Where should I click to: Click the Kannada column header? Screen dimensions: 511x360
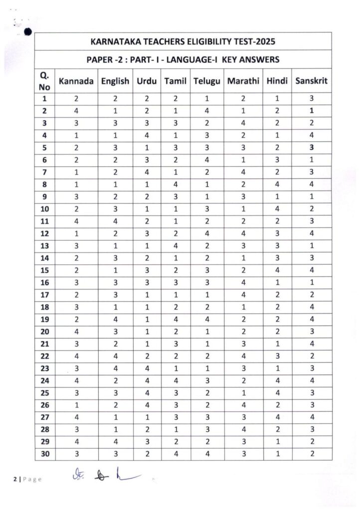(76, 81)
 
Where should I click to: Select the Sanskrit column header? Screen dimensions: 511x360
(311, 81)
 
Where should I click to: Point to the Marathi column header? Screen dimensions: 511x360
(244, 81)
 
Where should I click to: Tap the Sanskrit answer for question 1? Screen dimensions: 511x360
(311, 99)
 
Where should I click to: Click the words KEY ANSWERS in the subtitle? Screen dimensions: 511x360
(251, 60)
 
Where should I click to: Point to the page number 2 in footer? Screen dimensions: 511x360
(15, 480)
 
